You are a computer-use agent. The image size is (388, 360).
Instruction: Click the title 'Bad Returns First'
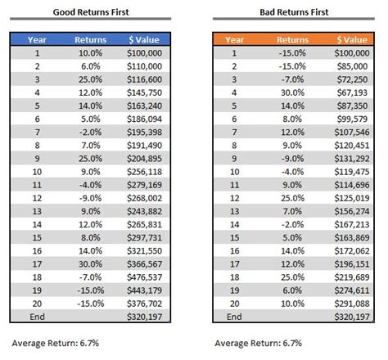[x=294, y=11]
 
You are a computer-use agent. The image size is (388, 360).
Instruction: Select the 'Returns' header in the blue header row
[x=90, y=38]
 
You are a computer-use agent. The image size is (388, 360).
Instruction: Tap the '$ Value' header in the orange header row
[x=348, y=38]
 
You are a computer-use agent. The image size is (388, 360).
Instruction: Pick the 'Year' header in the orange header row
[x=236, y=38]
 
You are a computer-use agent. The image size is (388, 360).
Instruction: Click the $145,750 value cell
[x=145, y=94]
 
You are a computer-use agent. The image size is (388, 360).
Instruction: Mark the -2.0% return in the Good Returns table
[x=90, y=133]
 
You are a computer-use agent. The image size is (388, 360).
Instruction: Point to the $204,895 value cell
[x=145, y=159]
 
